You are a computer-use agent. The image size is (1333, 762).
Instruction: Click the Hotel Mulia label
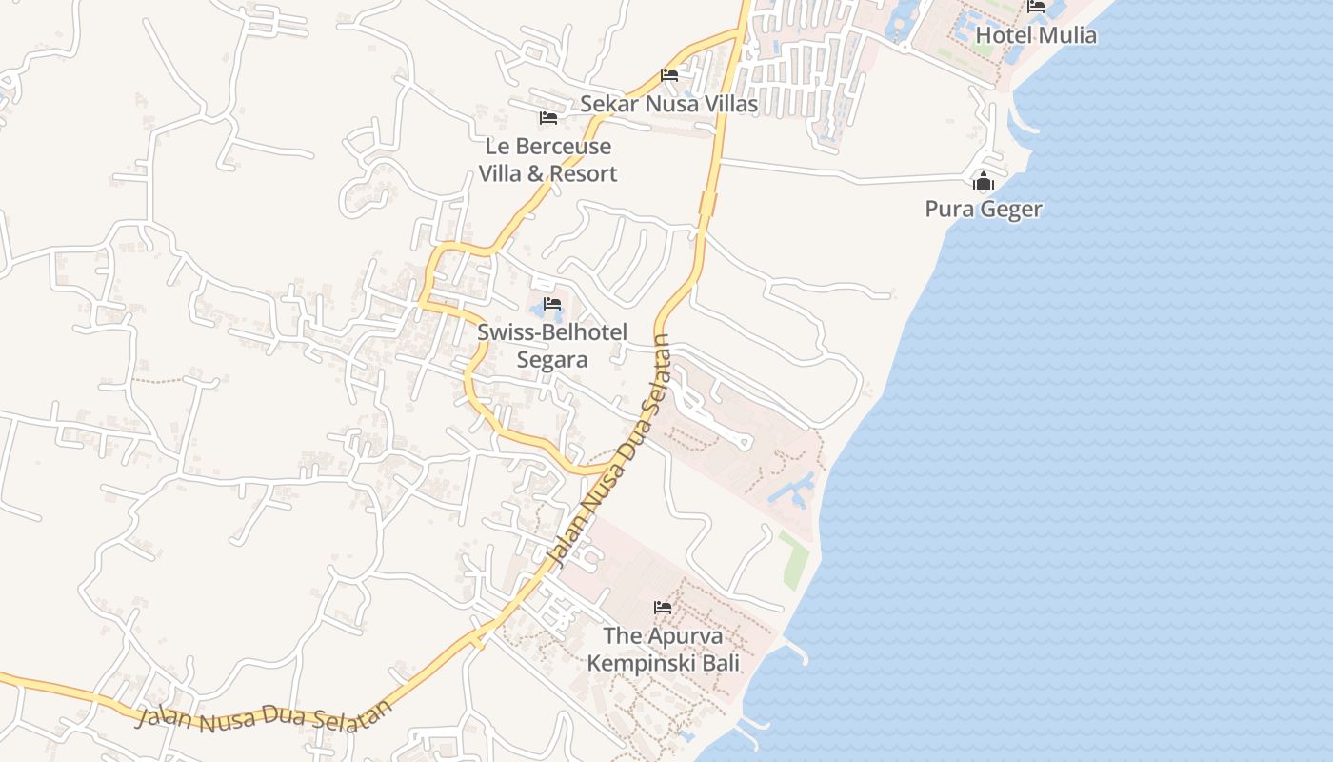coord(1036,35)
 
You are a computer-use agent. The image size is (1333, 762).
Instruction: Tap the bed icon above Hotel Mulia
coord(1036,7)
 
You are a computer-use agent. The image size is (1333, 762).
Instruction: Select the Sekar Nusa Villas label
coord(669,104)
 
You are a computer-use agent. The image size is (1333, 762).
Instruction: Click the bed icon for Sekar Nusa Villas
coord(669,75)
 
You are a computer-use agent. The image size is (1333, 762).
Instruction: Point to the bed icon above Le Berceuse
coord(547,118)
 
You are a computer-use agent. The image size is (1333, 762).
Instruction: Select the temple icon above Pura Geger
coord(984,181)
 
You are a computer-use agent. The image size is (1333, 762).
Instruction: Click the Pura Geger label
coord(984,209)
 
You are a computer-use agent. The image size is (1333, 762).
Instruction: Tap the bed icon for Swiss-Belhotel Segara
coord(552,305)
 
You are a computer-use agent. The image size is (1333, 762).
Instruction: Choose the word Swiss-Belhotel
coord(552,332)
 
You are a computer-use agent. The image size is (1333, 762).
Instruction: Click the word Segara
coord(552,359)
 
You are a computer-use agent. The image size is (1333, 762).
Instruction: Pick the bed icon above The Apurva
coord(663,607)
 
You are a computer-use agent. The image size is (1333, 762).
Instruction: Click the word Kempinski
coord(644,662)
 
